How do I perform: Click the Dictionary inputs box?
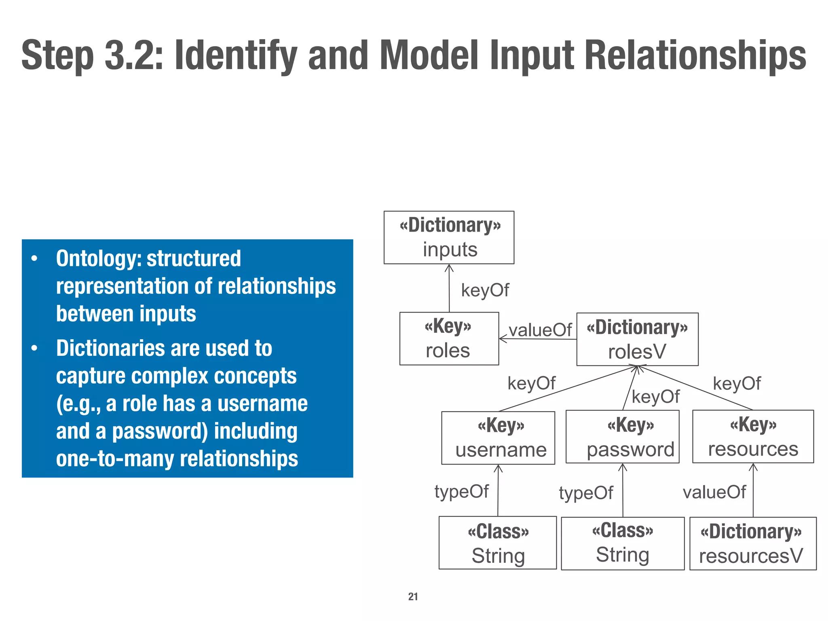coord(449,237)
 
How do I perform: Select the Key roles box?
coord(449,338)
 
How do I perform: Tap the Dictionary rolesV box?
coord(637,339)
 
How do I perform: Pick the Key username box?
coord(498,438)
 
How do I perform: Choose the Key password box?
coord(622,437)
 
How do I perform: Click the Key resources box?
coord(753,436)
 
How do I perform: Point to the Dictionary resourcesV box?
coord(753,543)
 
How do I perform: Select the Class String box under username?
coord(498,543)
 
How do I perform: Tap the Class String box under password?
coord(623,543)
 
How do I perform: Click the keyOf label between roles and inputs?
coord(485,290)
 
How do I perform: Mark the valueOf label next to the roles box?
coord(540,330)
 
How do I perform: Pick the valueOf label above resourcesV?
coord(714,492)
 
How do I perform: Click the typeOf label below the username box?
coord(461,492)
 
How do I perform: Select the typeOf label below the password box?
coord(586,493)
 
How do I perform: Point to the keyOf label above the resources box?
coord(737,383)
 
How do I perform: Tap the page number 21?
coord(413,596)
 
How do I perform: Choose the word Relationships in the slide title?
coord(695,55)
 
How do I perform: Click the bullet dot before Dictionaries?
coord(35,348)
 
